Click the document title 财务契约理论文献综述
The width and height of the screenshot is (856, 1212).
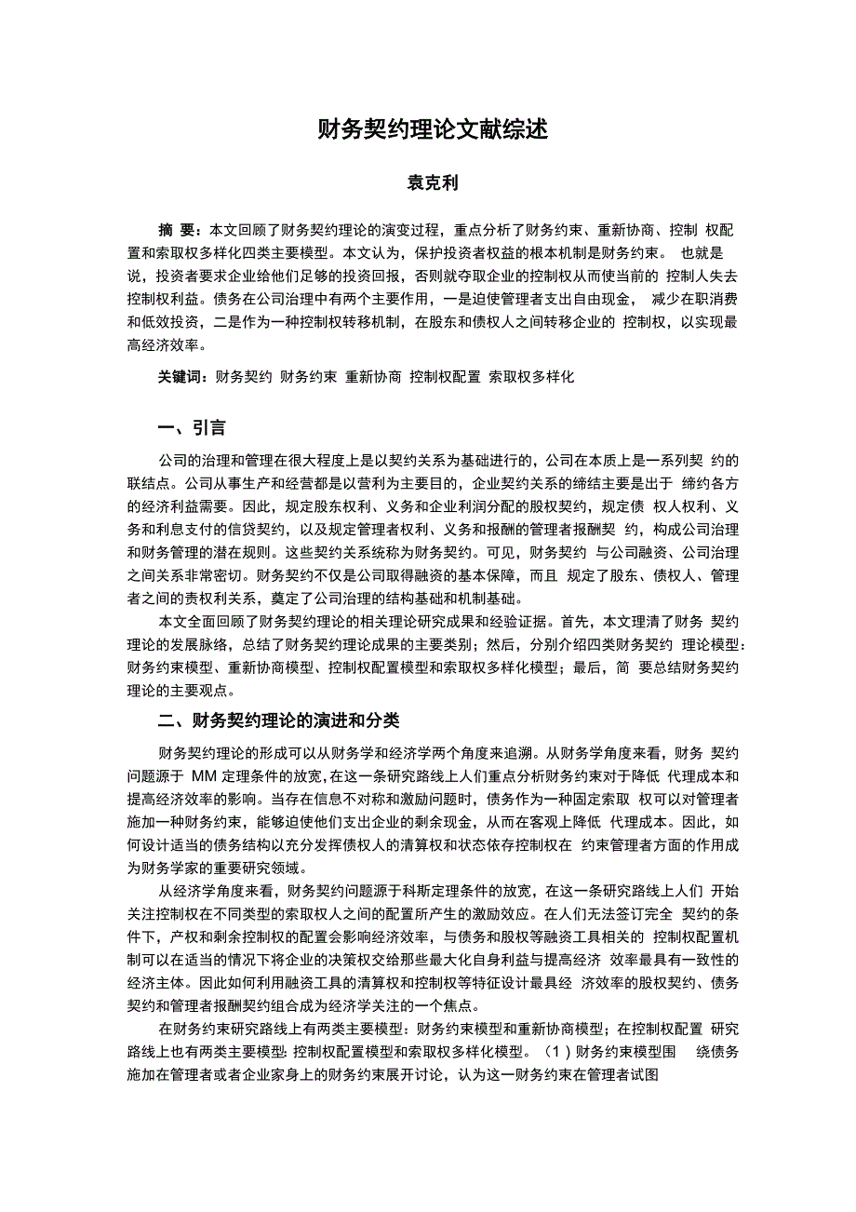[x=428, y=128]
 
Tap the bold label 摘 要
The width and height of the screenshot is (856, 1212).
[x=178, y=230]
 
